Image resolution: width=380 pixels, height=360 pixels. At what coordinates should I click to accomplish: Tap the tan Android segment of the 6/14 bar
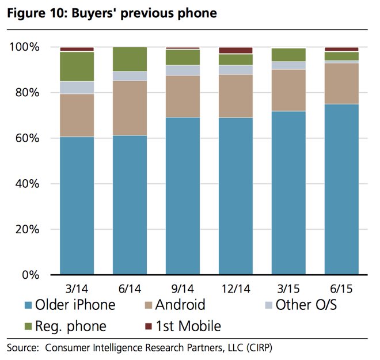point(130,108)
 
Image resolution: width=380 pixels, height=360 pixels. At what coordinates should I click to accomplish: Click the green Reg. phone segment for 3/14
point(77,66)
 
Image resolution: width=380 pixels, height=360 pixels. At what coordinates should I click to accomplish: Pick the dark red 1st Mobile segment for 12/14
point(235,51)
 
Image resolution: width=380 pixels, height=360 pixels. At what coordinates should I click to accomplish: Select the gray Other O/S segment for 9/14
point(183,70)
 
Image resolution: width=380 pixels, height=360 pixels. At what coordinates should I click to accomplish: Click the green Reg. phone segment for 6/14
point(130,59)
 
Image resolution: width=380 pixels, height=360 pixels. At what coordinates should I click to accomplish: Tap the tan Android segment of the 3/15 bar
point(288,90)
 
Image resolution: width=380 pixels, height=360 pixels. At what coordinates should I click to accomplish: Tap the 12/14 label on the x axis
point(235,287)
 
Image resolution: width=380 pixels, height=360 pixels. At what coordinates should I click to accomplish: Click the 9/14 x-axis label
point(183,287)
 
